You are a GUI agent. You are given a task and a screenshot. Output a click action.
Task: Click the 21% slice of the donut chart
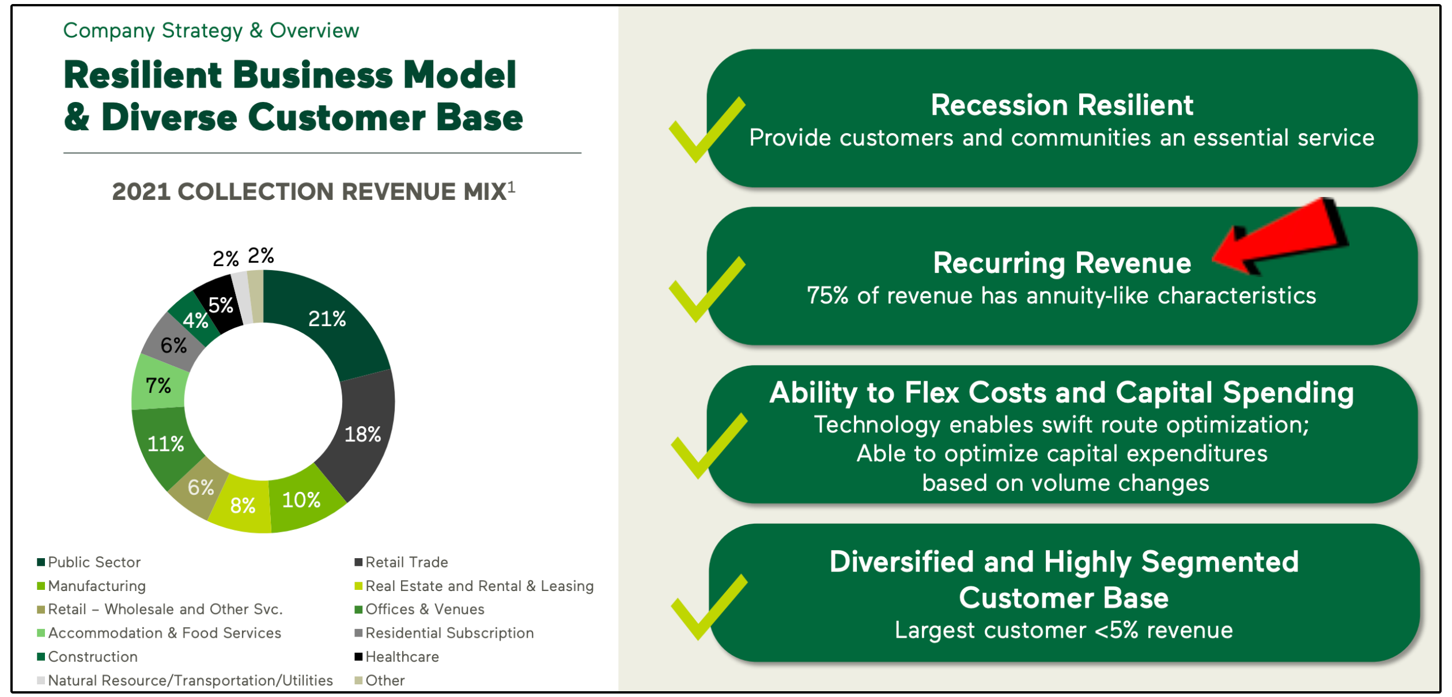327,319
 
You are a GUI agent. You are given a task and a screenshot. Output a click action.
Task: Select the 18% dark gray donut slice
362,434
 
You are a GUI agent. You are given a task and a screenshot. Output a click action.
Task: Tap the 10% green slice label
301,500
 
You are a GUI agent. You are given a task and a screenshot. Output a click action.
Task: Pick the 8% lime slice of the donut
243,506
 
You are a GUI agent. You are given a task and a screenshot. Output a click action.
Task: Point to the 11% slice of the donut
165,444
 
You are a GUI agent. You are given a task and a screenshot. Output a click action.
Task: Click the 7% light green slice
158,385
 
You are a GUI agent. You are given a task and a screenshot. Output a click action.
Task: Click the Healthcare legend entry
402,657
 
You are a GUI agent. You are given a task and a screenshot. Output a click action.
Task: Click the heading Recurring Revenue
1062,263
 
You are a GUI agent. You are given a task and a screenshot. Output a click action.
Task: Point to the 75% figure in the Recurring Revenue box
827,296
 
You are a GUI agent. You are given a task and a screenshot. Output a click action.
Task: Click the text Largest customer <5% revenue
1064,630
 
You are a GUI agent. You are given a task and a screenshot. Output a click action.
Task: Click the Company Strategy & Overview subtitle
211,31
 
